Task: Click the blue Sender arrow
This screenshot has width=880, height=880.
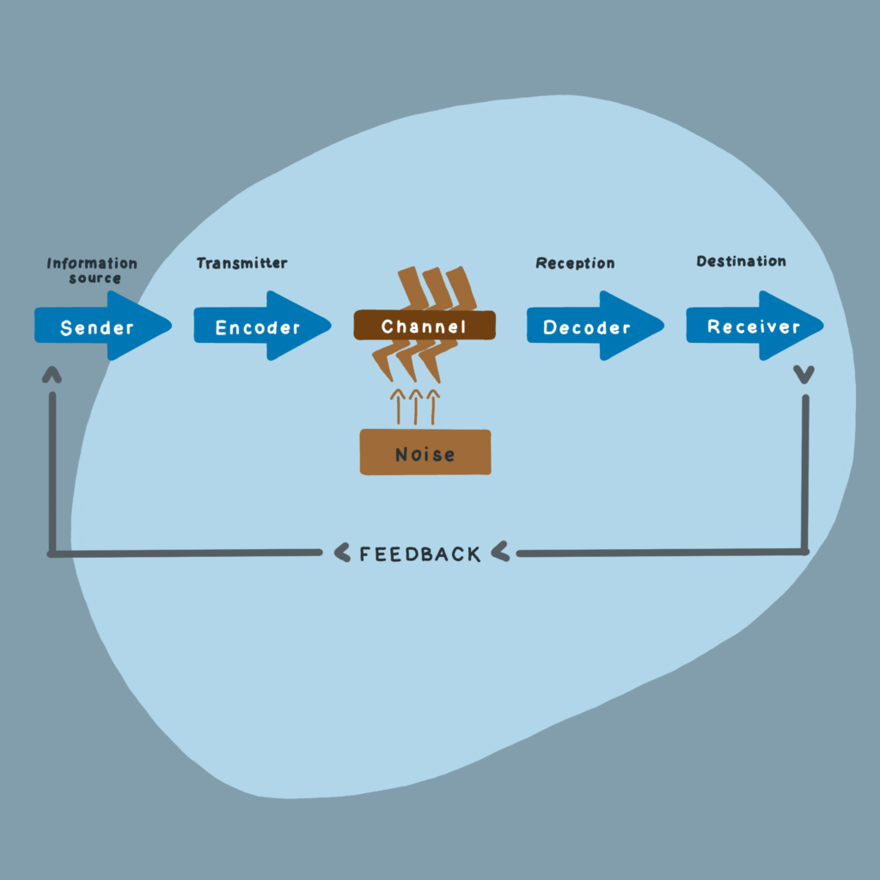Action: pos(99,327)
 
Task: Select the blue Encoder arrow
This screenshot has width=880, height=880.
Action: pos(258,327)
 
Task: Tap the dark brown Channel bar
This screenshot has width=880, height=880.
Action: pos(425,326)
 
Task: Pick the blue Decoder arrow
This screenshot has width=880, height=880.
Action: pos(590,327)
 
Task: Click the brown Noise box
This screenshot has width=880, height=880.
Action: pos(425,453)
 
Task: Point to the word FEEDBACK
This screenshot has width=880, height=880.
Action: pos(420,554)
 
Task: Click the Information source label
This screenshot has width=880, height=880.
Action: pos(92,270)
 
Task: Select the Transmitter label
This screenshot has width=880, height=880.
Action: pos(241,263)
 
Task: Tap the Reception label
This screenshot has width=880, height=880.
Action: pos(575,263)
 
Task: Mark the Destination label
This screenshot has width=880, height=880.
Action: pos(741,261)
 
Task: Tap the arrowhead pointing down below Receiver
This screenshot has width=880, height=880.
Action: pos(804,374)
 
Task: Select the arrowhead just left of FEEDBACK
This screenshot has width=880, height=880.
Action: pos(341,553)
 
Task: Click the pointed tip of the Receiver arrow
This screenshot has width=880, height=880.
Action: pos(821,326)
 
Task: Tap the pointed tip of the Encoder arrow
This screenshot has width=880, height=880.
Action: pos(329,326)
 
